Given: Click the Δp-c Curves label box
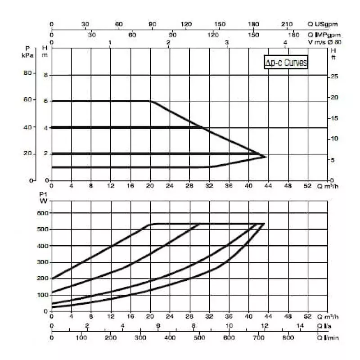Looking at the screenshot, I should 286,63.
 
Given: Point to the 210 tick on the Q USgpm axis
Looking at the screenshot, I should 287,24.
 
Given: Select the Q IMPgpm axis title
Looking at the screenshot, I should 324,35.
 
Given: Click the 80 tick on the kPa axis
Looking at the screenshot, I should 28,73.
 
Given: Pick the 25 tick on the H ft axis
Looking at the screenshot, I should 333,77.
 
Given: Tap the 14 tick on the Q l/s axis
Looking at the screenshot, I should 300,326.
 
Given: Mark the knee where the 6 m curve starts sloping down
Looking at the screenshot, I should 151,101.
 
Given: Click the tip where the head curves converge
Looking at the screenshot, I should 266,156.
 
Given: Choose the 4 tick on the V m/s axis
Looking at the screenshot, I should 286,42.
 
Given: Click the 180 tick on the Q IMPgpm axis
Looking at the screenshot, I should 293,35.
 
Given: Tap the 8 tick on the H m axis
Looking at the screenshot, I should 45,75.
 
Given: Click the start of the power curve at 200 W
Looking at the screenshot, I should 52,279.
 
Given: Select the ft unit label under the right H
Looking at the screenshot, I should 333,58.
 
